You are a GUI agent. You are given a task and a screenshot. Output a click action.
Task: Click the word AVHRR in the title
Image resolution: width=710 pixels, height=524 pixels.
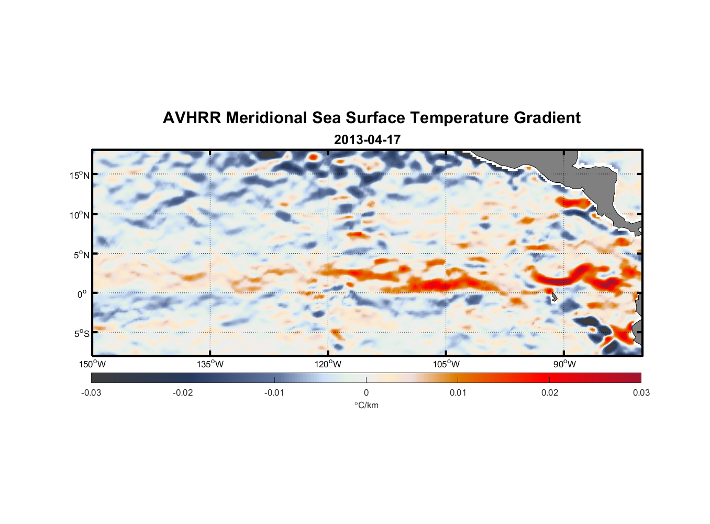pyautogui.click(x=192, y=118)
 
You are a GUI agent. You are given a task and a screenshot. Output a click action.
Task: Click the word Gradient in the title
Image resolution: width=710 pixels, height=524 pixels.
pyautogui.click(x=547, y=118)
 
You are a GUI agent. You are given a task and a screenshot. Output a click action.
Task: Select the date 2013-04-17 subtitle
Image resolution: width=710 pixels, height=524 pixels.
pyautogui.click(x=367, y=140)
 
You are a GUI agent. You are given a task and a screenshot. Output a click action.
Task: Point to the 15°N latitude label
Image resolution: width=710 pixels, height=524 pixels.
pyautogui.click(x=80, y=175)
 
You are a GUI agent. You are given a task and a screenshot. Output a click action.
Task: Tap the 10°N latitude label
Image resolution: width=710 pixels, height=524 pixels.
pyautogui.click(x=80, y=215)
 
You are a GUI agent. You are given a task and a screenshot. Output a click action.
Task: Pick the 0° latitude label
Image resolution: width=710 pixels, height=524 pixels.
pyautogui.click(x=82, y=294)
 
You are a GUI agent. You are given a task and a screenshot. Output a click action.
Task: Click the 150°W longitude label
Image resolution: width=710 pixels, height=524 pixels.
pyautogui.click(x=93, y=364)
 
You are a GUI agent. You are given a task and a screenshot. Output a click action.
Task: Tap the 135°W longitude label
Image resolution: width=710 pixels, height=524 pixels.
pyautogui.click(x=210, y=364)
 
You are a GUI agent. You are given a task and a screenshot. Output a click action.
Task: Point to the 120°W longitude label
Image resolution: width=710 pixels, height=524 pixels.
pyautogui.click(x=328, y=364)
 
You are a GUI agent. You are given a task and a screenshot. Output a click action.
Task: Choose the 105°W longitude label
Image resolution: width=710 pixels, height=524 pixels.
pyautogui.click(x=446, y=364)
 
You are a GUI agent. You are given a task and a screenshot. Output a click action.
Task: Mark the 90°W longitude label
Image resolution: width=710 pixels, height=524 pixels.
pyautogui.click(x=564, y=364)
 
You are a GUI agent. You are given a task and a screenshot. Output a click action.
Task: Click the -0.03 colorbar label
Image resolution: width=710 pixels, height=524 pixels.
pyautogui.click(x=91, y=392)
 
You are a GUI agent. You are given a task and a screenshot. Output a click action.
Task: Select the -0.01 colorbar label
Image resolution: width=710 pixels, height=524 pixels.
pyautogui.click(x=274, y=392)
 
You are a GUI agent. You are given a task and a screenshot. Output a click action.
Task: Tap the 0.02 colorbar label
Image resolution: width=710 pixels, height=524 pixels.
pyautogui.click(x=550, y=392)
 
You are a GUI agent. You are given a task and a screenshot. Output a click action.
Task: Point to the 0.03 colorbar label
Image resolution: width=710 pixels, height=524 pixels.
pyautogui.click(x=641, y=392)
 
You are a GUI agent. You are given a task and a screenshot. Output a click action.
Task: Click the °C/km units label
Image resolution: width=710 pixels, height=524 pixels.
pyautogui.click(x=367, y=405)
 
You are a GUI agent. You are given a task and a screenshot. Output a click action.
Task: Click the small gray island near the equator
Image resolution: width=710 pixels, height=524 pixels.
pyautogui.click(x=554, y=297)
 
